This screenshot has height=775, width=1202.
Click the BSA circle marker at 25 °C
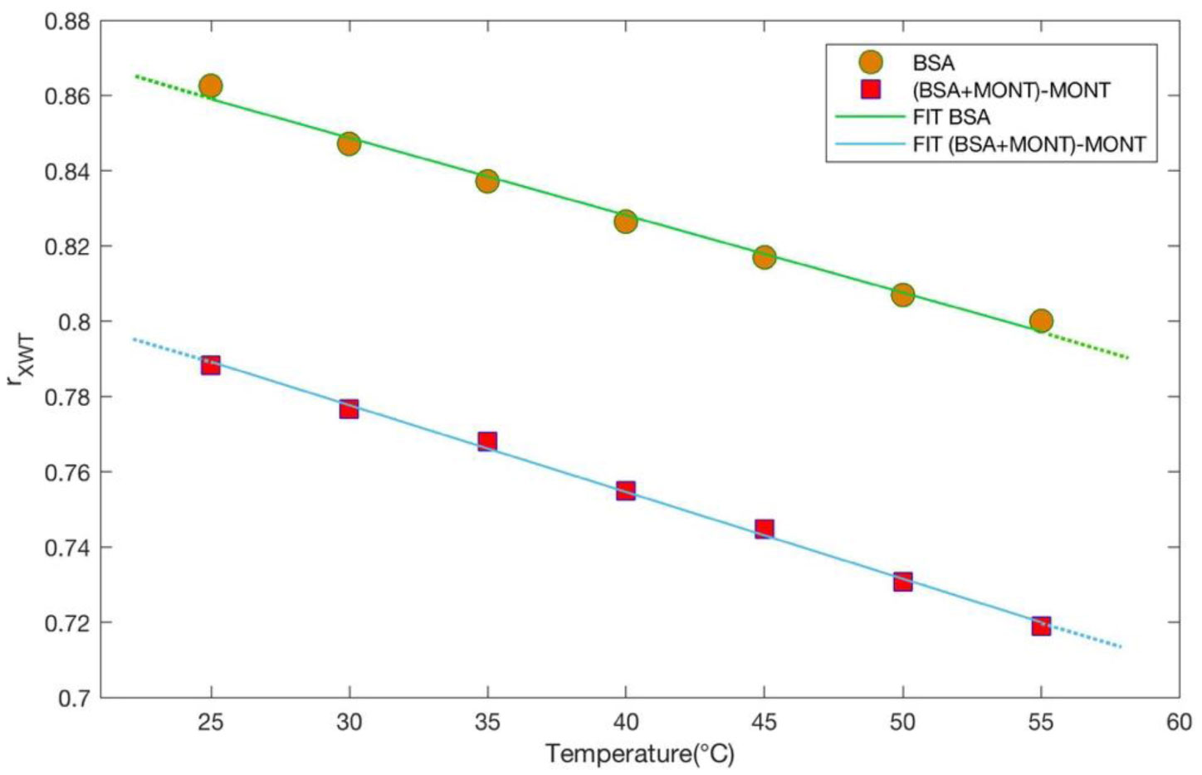[x=211, y=85]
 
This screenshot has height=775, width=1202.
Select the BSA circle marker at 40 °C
[x=626, y=222]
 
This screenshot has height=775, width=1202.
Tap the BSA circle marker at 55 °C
[x=1041, y=321]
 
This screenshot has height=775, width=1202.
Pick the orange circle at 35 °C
[x=487, y=181]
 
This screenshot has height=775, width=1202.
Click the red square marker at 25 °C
[x=211, y=365]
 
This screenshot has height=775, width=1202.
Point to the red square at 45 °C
[x=765, y=529]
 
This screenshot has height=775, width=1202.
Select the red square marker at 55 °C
[x=1041, y=626]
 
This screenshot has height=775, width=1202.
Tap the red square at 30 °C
[x=349, y=409]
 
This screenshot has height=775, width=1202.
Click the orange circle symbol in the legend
[x=871, y=62]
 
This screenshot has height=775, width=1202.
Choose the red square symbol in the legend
[x=871, y=90]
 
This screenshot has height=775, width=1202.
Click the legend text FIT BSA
[x=951, y=117]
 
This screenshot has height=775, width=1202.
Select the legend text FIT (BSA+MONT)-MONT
[x=1029, y=144]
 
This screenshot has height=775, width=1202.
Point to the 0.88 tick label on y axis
[x=66, y=21]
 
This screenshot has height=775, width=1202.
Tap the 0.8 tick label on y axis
[x=73, y=322]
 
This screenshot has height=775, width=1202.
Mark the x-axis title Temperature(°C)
[x=639, y=754]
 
